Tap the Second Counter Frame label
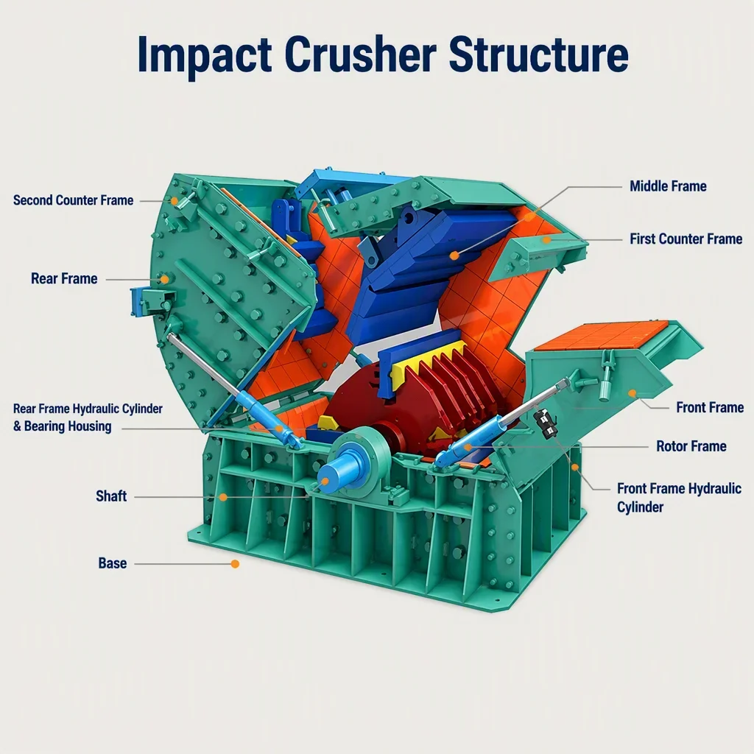pyautogui.click(x=73, y=200)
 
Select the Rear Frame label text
pyautogui.click(x=64, y=278)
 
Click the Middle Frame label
pyautogui.click(x=668, y=186)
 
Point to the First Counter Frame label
pyautogui.click(x=686, y=239)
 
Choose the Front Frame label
pyautogui.click(x=710, y=407)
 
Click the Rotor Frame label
pyautogui.click(x=691, y=446)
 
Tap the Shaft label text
pyautogui.click(x=111, y=496)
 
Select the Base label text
pyautogui.click(x=113, y=563)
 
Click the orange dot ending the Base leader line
pyautogui.click(x=235, y=563)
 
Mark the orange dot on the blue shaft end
pyautogui.click(x=325, y=482)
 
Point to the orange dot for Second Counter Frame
pyautogui.click(x=175, y=201)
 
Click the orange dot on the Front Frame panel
pyautogui.click(x=633, y=393)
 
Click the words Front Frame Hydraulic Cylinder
pyautogui.click(x=679, y=498)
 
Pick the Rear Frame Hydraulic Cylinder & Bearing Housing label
pyautogui.click(x=88, y=417)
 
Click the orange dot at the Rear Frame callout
pyautogui.click(x=165, y=279)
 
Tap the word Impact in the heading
pyautogui.click(x=205, y=54)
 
